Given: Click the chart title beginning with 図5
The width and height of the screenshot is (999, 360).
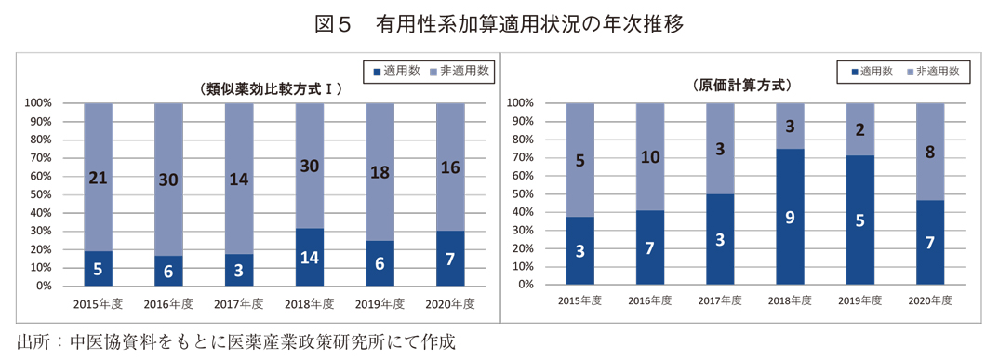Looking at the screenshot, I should tap(499, 24).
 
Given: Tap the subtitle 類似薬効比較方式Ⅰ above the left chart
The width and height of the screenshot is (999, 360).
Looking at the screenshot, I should tap(272, 89).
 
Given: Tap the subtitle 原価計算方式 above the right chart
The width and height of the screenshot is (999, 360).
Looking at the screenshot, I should tap(741, 86).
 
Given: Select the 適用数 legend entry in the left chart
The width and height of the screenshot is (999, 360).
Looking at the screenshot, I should tap(402, 71).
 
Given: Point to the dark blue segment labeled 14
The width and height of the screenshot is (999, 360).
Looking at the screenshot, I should tap(310, 256).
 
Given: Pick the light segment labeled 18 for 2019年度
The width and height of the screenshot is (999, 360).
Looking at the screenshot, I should tap(380, 172).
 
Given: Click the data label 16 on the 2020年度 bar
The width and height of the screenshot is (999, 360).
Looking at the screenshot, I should tap(450, 167).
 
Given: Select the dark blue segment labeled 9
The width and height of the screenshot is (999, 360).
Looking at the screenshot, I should tap(790, 217).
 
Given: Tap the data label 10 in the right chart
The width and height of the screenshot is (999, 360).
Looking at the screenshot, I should tap(650, 157).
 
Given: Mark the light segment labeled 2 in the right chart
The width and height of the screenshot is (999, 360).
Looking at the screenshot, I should tap(860, 129).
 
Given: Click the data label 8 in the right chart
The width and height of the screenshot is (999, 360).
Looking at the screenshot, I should tap(930, 152).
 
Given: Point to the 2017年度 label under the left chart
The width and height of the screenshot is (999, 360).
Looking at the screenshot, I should tap(239, 304).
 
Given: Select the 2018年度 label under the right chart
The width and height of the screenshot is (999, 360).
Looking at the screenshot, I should tap(790, 300).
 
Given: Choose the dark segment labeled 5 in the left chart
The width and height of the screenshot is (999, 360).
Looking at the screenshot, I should tap(98, 269).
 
